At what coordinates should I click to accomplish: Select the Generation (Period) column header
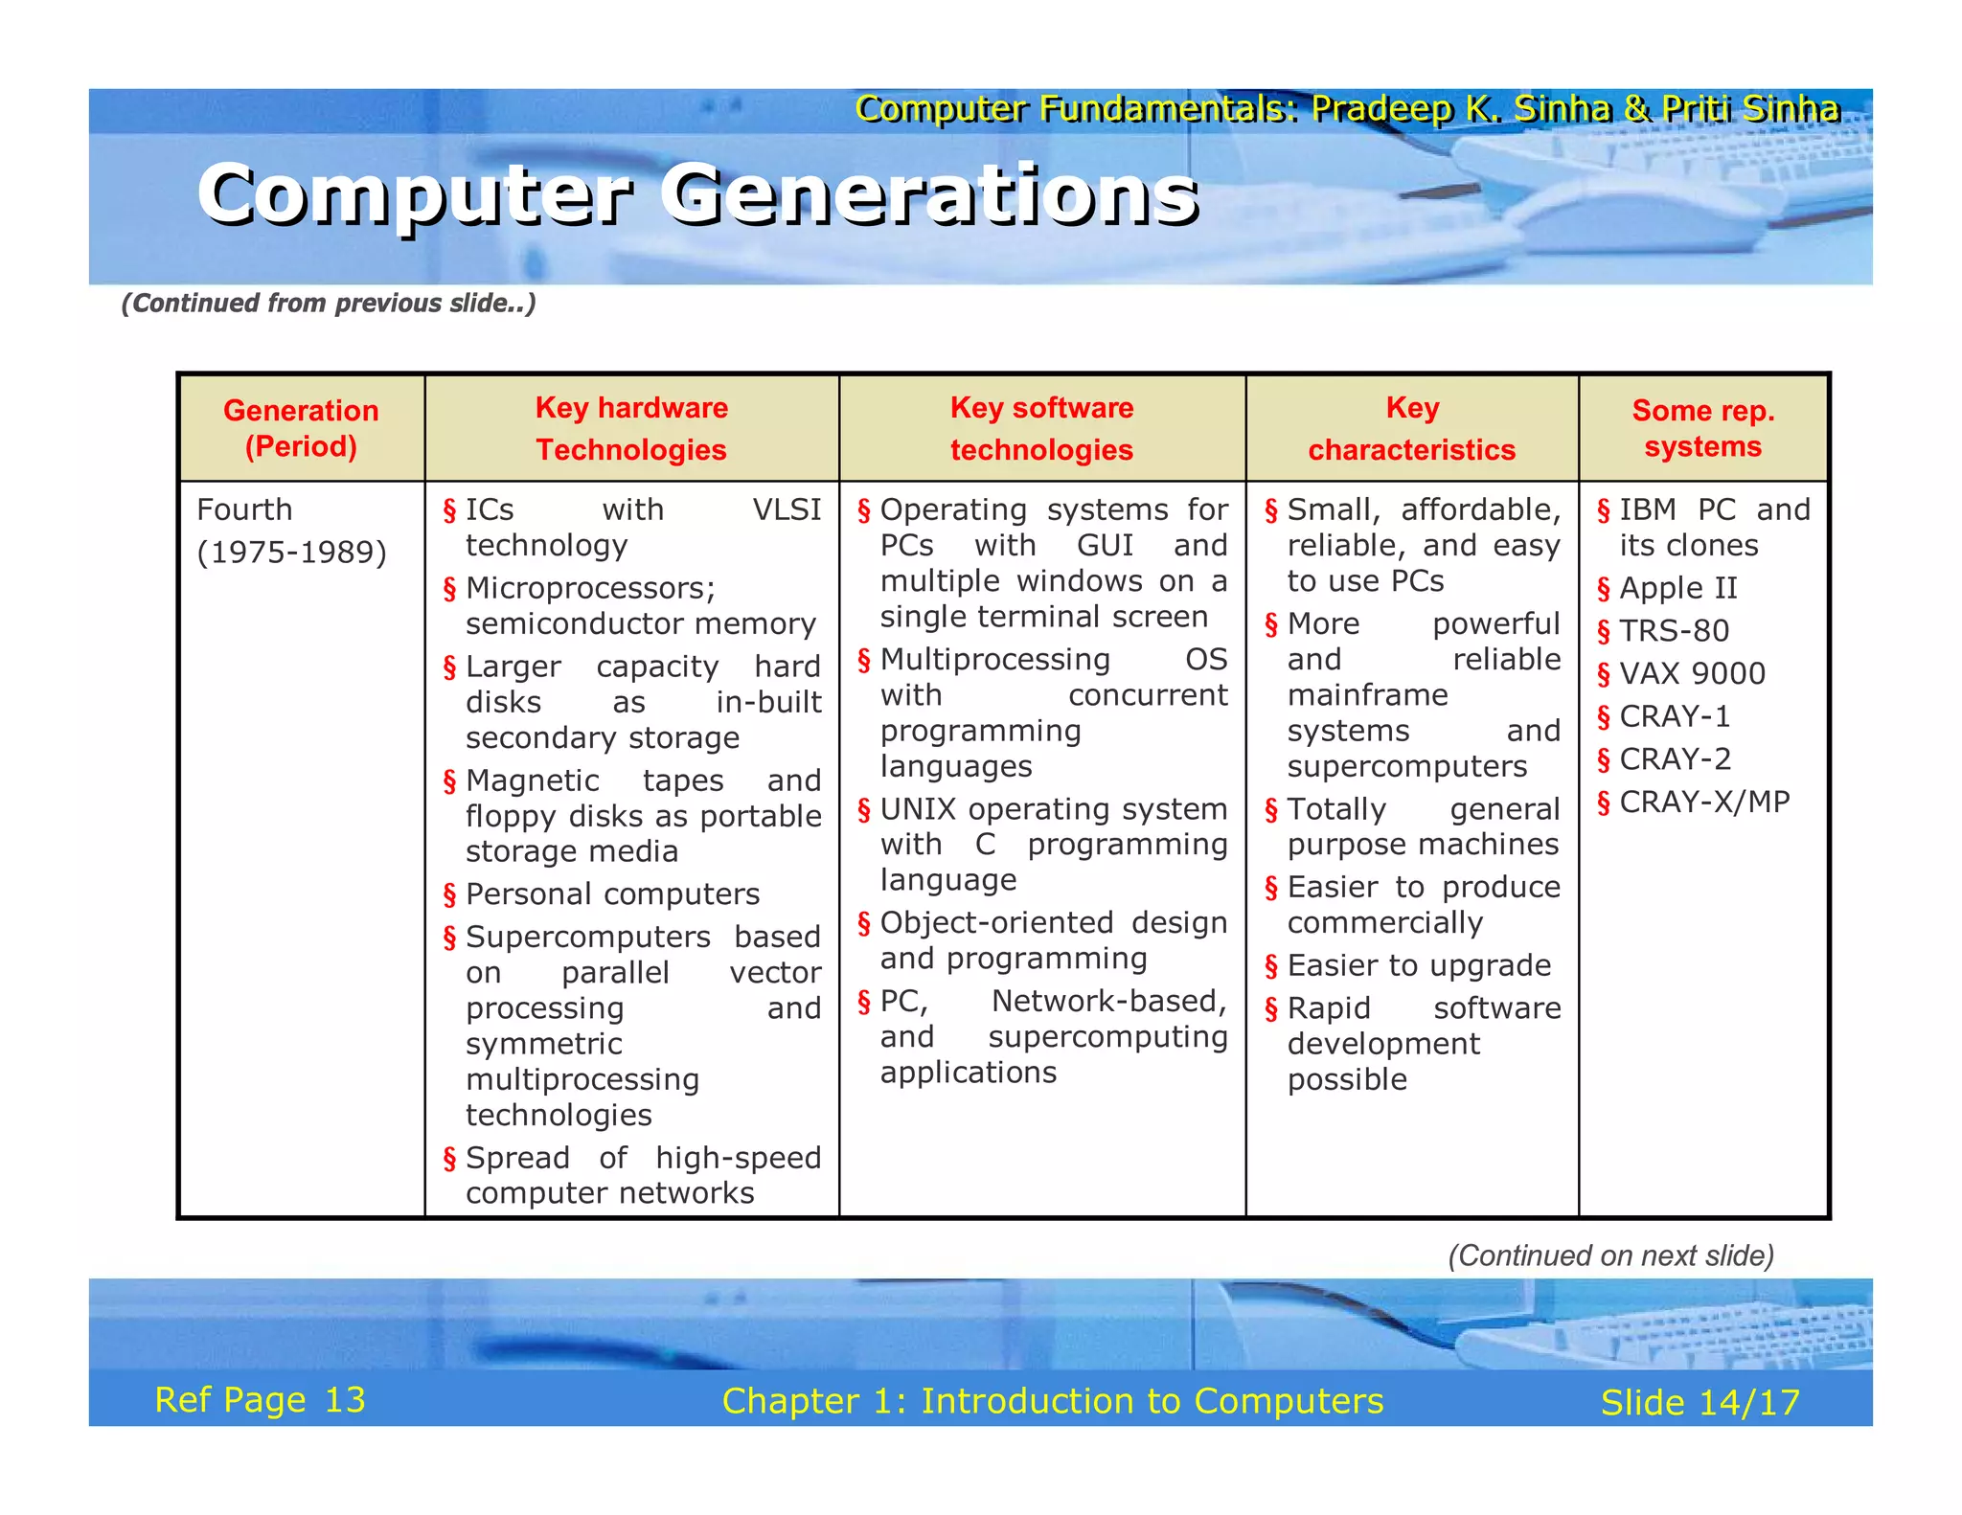[x=301, y=428]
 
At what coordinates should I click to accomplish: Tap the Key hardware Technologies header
[x=631, y=428]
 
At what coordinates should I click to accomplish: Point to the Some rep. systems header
[x=1702, y=428]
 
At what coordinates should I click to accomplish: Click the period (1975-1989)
[x=291, y=553]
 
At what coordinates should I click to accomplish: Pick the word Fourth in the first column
[x=244, y=509]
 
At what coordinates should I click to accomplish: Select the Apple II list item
[x=1677, y=588]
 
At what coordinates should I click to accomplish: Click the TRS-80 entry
[x=1674, y=631]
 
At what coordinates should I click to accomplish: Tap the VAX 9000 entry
[x=1692, y=673]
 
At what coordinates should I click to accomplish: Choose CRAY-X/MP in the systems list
[x=1704, y=802]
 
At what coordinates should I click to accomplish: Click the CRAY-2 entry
[x=1675, y=758]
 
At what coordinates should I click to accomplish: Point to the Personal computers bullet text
[x=612, y=893]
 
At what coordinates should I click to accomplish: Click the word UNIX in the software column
[x=918, y=809]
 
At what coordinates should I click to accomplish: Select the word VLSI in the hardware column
[x=787, y=509]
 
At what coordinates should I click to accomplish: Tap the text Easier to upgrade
[x=1418, y=965]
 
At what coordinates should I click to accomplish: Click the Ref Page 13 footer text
[x=260, y=1400]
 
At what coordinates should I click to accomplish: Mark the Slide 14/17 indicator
[x=1700, y=1403]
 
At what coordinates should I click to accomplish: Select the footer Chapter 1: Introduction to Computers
[x=1052, y=1401]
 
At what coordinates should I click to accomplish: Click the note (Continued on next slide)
[x=1610, y=1255]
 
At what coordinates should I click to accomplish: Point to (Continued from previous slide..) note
[x=329, y=304]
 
